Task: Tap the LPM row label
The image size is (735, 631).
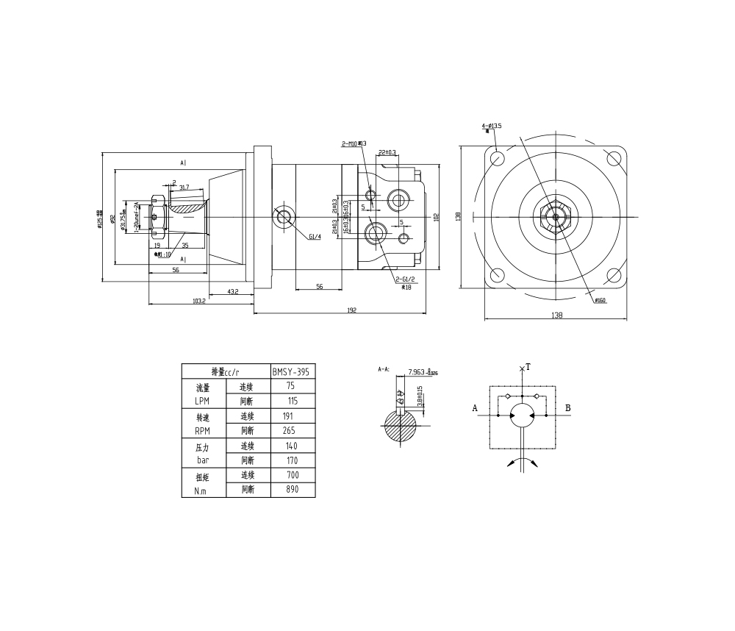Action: coord(203,402)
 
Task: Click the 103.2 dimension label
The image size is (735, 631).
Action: coord(198,301)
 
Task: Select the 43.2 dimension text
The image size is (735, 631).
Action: coord(232,292)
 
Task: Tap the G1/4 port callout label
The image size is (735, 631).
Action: coord(315,237)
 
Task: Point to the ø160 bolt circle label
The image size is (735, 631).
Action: coord(599,300)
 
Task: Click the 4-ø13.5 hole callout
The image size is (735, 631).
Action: coord(492,126)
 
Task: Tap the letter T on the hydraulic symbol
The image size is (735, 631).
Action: coord(528,367)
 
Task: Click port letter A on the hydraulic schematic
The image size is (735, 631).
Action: coord(476,407)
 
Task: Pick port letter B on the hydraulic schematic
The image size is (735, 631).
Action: coord(568,407)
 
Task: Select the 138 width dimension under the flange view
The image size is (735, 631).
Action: coord(556,315)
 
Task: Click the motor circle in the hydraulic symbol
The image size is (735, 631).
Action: coord(523,416)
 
